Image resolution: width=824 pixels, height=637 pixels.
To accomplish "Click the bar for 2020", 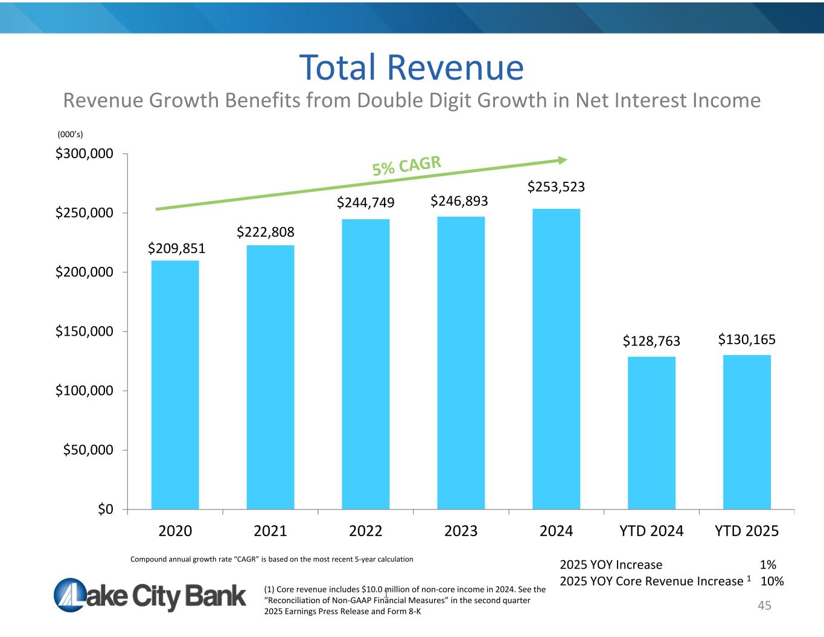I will (x=175, y=385).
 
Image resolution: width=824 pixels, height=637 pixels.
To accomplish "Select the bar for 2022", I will (x=366, y=364).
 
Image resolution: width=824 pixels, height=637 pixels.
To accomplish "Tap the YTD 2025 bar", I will (x=747, y=432).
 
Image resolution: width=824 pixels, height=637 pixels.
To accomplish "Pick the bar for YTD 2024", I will (x=651, y=433).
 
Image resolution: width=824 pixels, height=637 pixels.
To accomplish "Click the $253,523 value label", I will (x=556, y=187).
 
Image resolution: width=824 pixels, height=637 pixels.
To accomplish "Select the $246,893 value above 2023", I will (x=459, y=200).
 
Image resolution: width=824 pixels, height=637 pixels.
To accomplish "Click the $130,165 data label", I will (x=747, y=340).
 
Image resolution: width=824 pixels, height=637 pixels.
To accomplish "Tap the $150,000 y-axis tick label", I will (x=85, y=331).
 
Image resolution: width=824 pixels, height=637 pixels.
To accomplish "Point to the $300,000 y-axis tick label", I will (x=85, y=154).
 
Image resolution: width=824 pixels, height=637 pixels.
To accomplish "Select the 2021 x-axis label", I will (x=270, y=531).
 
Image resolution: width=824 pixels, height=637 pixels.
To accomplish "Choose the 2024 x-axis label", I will (x=556, y=531).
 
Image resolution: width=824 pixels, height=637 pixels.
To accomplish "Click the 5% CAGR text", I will (x=407, y=166).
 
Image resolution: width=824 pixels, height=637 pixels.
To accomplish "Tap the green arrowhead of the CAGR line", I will (x=563, y=160).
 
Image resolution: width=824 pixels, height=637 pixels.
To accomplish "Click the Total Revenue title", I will (x=412, y=67).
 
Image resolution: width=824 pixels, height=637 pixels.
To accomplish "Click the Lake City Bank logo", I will (x=150, y=595).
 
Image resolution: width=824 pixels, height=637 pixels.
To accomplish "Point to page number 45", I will (x=764, y=606).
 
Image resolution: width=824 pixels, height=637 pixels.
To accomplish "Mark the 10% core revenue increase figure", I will (x=772, y=581).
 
